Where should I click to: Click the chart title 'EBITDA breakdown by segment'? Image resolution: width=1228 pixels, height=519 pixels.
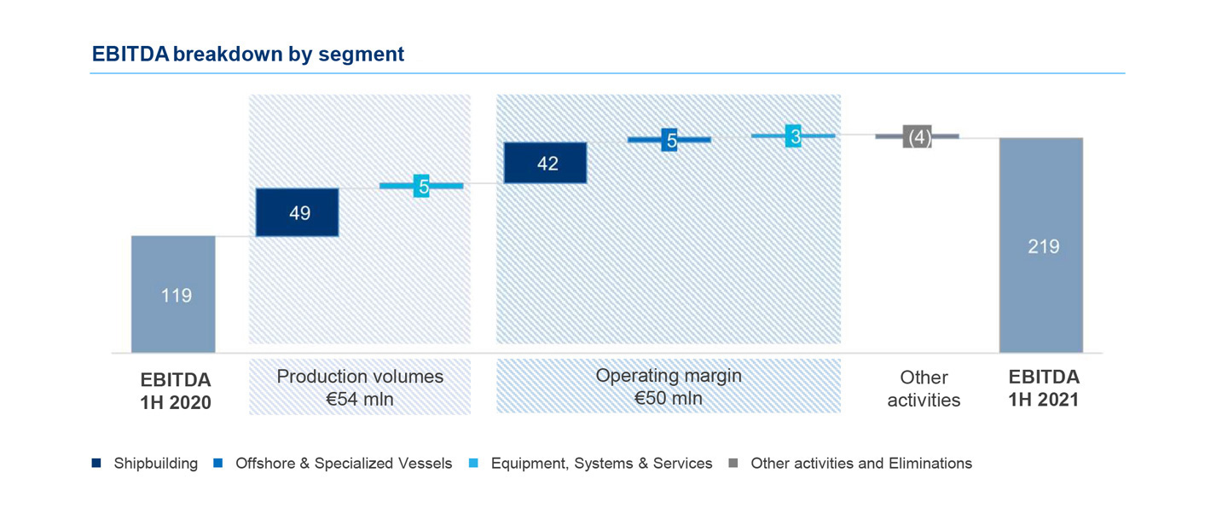pos(248,54)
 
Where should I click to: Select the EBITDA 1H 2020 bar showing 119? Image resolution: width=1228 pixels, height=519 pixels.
pos(173,294)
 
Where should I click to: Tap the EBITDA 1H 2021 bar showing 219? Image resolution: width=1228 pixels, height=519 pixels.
pos(1041,245)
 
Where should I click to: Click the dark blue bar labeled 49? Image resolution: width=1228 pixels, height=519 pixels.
pos(297,212)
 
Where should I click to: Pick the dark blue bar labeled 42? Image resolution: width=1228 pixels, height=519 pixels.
pos(546,163)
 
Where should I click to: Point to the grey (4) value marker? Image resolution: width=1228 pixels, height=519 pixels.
pos(918,136)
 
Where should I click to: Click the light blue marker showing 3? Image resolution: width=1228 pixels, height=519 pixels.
pos(793,136)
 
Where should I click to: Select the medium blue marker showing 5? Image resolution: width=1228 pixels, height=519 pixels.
pos(669,141)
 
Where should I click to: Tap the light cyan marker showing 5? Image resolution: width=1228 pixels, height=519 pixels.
pos(421,186)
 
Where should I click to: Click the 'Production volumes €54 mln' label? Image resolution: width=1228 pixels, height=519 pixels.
pos(360,388)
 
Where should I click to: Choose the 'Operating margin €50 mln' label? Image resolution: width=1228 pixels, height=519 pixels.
pos(669,386)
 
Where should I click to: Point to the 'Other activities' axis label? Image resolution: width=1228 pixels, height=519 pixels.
pos(924,389)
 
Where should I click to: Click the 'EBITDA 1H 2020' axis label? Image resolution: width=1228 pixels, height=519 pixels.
pos(176,391)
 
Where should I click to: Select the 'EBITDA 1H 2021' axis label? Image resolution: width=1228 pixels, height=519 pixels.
pos(1044,388)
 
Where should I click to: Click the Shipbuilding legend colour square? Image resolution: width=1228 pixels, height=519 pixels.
pos(96,463)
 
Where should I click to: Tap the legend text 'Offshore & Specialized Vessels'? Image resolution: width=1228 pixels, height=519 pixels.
pos(344,464)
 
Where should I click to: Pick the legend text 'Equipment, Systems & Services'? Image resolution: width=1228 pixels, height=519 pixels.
pos(601,464)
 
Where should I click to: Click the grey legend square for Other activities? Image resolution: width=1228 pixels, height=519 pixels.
pos(733,463)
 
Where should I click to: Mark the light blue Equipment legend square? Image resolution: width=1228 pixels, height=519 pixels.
pos(473,463)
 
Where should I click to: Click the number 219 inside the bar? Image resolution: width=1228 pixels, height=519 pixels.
pos(1044,246)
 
